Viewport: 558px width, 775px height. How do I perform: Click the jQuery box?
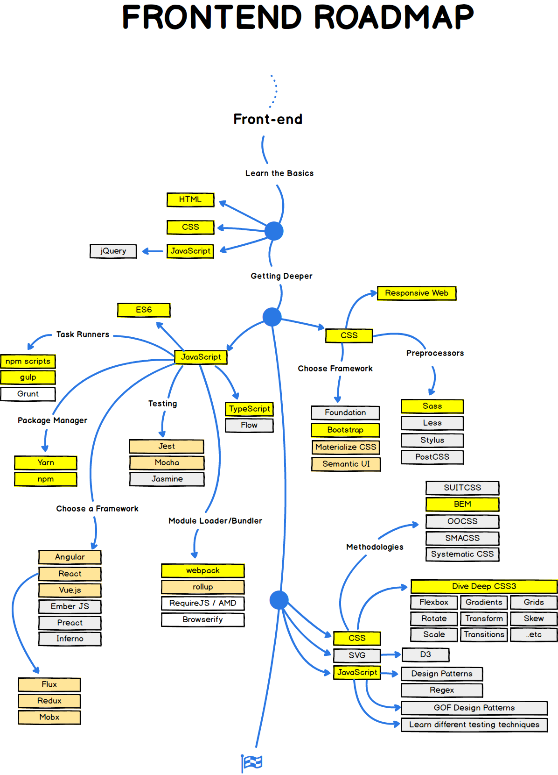pos(113,251)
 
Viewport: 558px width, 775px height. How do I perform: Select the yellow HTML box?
pos(190,199)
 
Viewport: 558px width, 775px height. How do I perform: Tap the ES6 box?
pos(144,310)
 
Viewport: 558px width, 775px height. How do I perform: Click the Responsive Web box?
pos(416,293)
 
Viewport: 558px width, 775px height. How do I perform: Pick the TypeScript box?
pos(249,409)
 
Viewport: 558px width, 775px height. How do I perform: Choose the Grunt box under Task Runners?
pos(28,394)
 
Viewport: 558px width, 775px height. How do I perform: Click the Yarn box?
pos(46,462)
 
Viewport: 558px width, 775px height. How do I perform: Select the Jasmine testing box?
pos(167,479)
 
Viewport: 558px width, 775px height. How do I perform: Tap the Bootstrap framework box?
pos(345,430)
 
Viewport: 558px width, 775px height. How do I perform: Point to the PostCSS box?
pos(432,457)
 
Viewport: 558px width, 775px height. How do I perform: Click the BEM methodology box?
pos(462,504)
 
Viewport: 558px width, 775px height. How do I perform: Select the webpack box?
pos(202,570)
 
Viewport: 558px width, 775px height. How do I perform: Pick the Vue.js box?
pos(70,590)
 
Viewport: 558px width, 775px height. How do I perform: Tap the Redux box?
pos(49,701)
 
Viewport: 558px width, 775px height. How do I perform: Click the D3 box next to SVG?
pos(425,654)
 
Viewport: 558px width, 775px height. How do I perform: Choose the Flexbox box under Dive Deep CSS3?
pos(433,602)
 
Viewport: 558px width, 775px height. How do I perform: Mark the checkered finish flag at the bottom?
pos(252,762)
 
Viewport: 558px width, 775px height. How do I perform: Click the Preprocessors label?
pos(435,353)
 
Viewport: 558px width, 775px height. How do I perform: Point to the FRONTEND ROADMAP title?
pos(298,17)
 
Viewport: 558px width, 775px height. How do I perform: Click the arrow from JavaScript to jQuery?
pos(152,251)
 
